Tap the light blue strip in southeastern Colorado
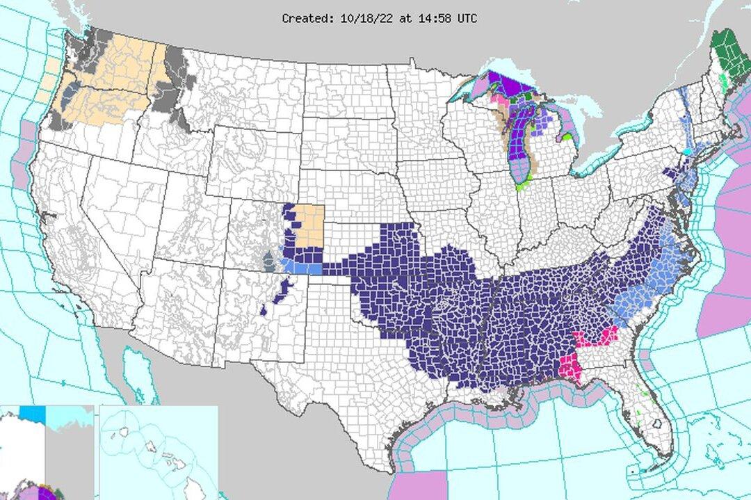tap(303, 268)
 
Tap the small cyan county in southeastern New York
tap(688, 151)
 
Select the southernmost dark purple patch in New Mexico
tap(264, 309)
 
